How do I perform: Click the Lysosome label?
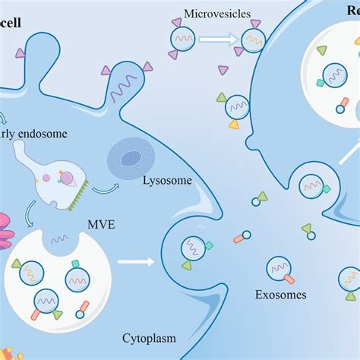click(x=167, y=180)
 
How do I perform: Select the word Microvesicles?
click(x=213, y=14)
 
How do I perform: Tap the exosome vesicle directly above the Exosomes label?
click(x=277, y=268)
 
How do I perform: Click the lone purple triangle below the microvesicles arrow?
click(x=223, y=71)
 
